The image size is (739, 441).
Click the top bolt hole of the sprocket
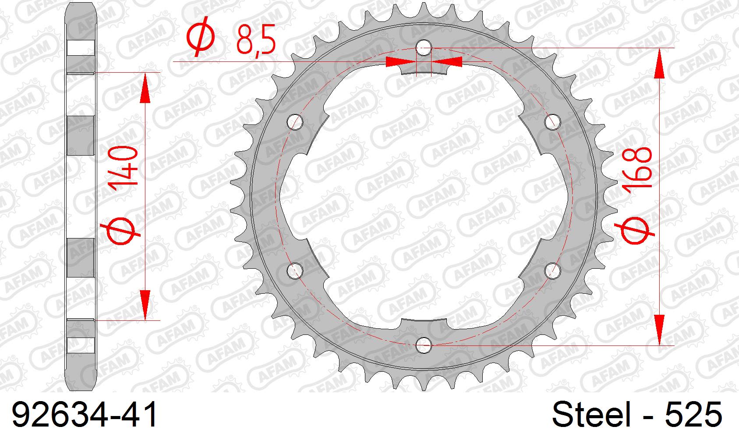[x=424, y=48]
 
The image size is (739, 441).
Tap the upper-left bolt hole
[x=296, y=122]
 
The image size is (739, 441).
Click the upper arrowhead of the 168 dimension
[x=660, y=64]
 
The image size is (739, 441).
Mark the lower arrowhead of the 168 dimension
[x=660, y=330]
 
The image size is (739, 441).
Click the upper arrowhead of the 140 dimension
[x=145, y=87]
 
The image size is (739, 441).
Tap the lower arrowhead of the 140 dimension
[x=145, y=304]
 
